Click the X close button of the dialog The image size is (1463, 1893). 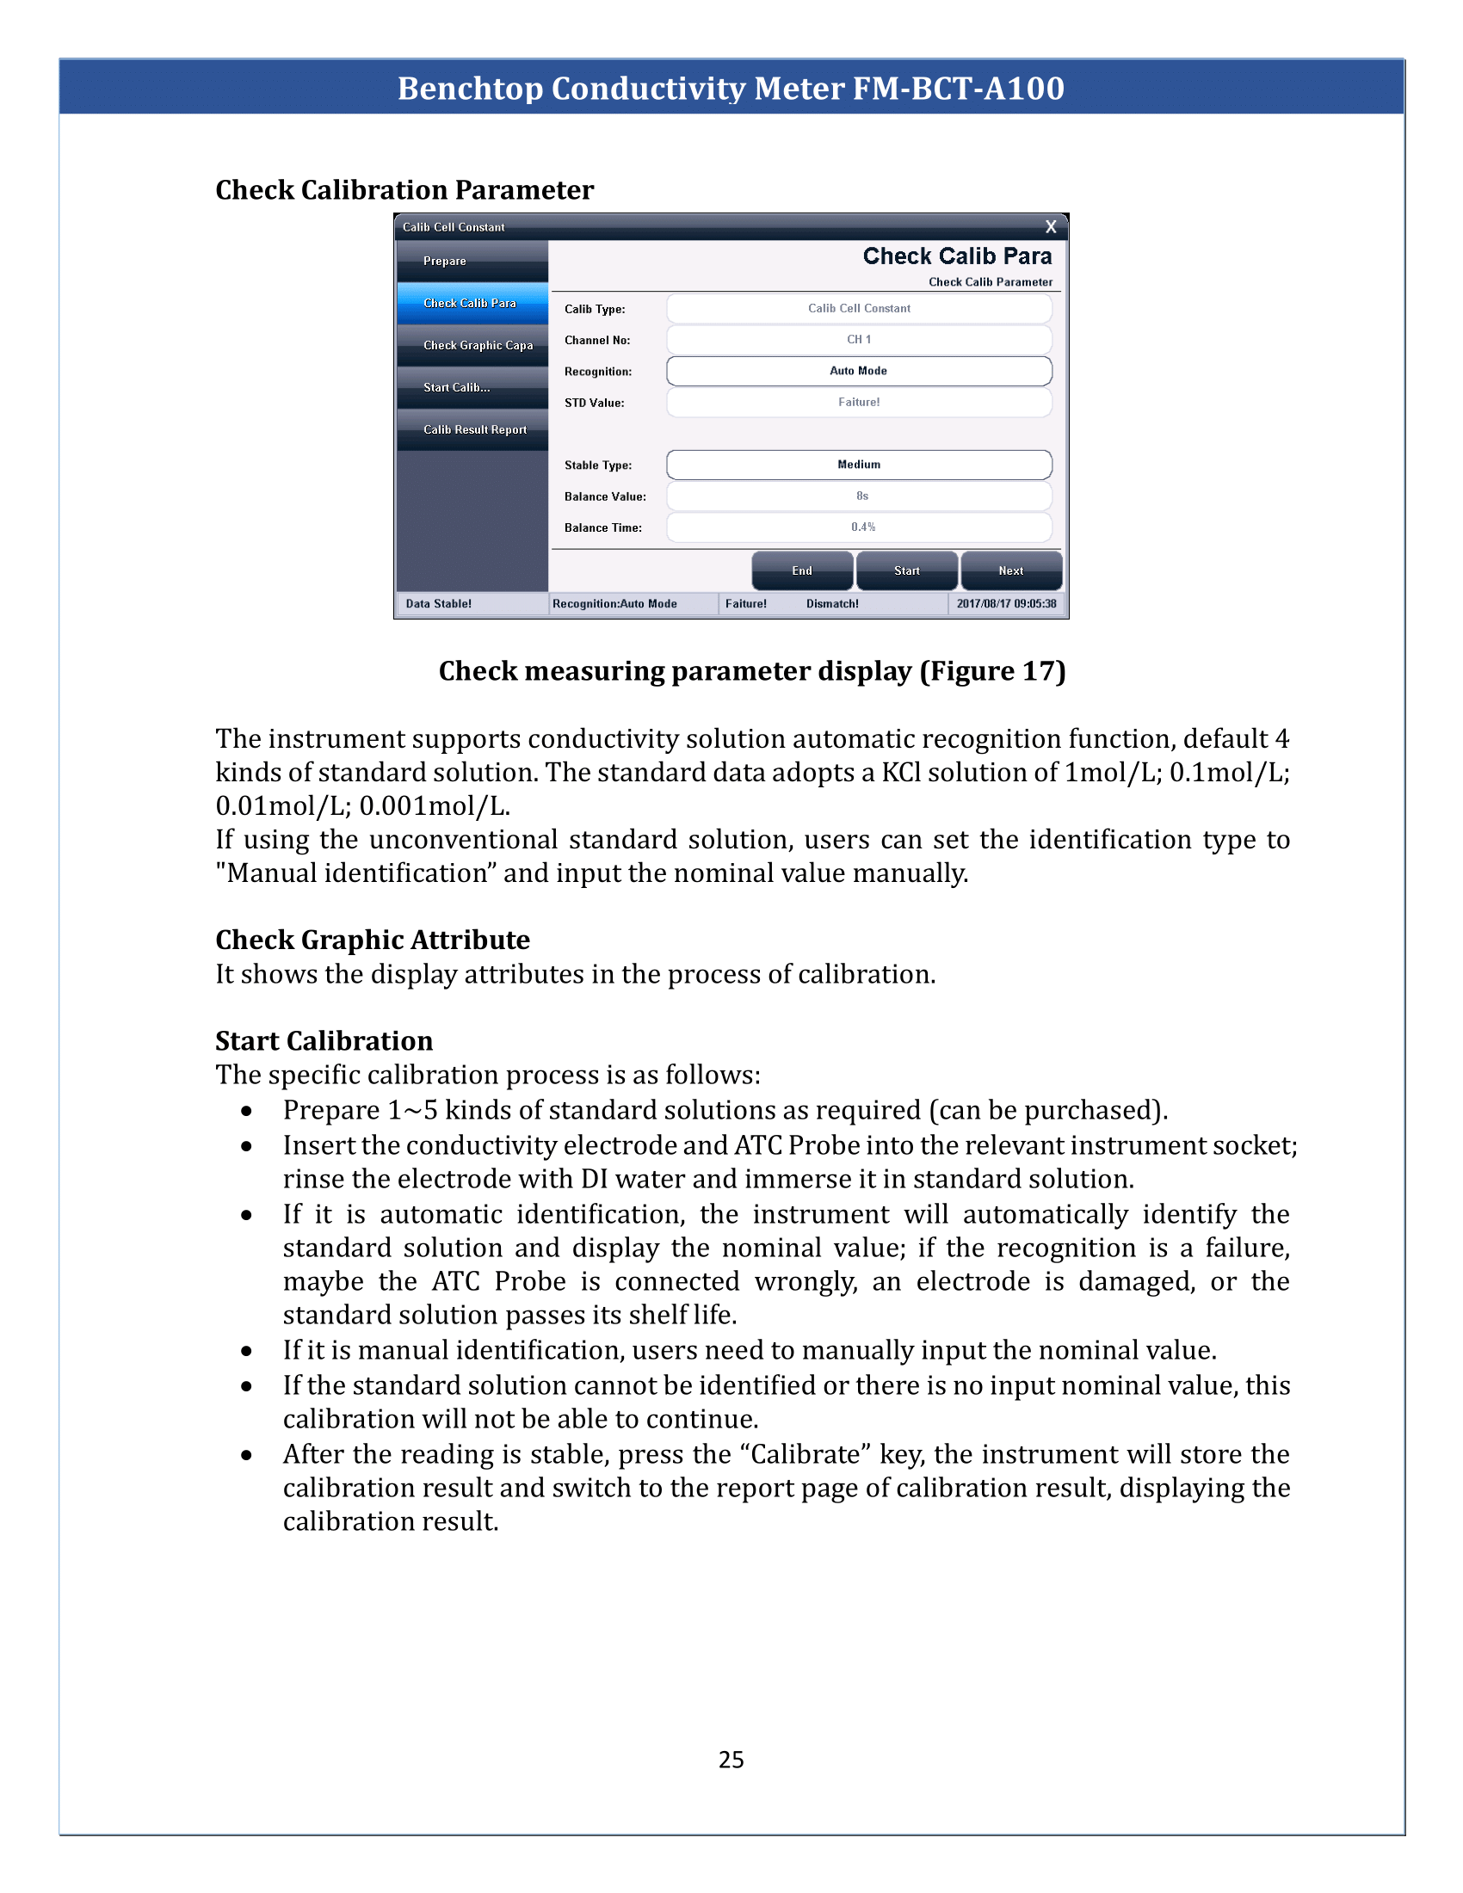tap(1051, 227)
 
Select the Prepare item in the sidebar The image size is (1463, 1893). tap(472, 261)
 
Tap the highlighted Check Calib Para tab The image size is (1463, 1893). tap(472, 304)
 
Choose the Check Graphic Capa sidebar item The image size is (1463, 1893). tap(472, 345)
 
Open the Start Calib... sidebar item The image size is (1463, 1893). tap(472, 387)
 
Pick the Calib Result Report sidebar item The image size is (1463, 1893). tap(472, 430)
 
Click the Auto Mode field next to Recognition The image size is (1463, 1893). tap(858, 371)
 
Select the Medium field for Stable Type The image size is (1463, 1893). tap(858, 465)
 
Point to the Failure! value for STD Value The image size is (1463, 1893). tap(858, 402)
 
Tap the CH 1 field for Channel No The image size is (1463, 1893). tap(858, 340)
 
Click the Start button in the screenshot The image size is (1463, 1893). tap(906, 570)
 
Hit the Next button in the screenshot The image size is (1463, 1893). tap(1010, 570)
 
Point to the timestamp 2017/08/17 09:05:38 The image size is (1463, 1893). tap(1006, 604)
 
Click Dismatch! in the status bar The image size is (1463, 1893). tap(832, 604)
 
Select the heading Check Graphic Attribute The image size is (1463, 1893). tap(372, 940)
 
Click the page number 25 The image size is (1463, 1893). tap(731, 1760)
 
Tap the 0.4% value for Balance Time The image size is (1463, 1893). tap(862, 527)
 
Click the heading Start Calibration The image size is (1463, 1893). tap(324, 1041)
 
